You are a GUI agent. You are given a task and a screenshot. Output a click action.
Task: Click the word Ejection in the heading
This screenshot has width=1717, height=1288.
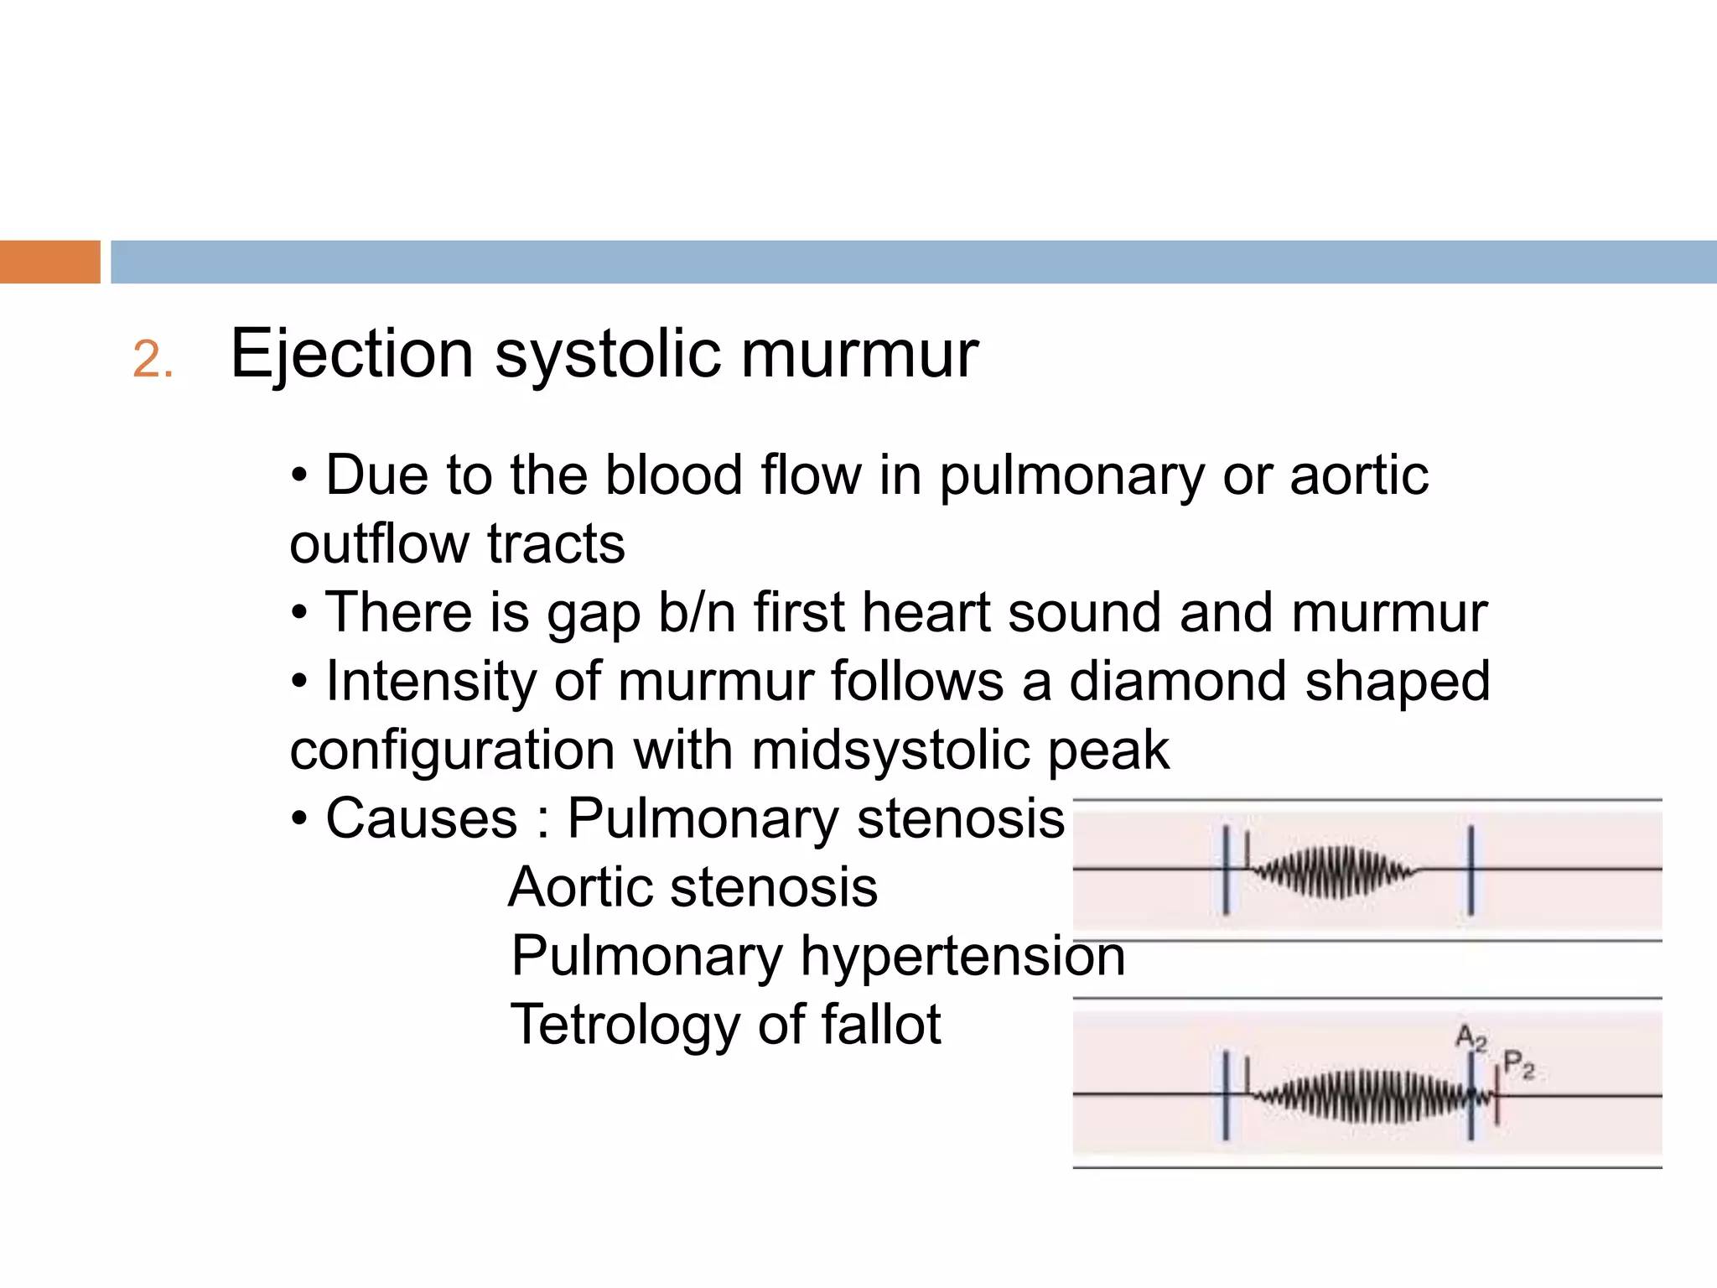[x=351, y=354]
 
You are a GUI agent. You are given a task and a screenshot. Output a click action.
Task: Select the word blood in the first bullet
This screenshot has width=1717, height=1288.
[x=674, y=475]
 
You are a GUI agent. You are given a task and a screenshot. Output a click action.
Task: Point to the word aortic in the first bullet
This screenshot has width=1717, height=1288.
[x=1358, y=475]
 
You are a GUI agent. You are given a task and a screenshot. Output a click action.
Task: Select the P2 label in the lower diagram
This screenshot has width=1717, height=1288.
[x=1518, y=1065]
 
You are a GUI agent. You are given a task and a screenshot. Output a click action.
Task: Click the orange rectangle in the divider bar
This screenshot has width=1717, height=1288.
[x=49, y=262]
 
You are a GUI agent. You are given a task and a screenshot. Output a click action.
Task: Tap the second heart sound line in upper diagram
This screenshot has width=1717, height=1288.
[x=1471, y=870]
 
